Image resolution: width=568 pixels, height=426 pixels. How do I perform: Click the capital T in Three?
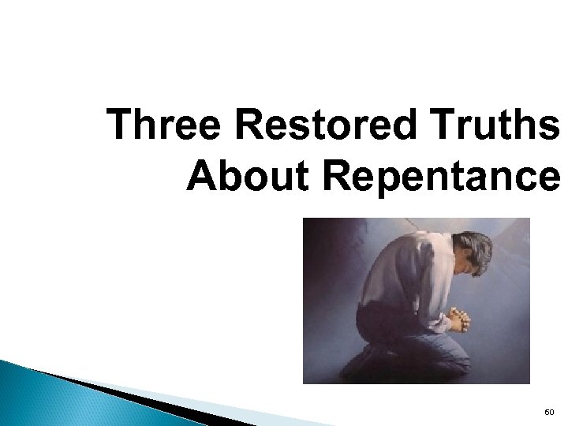pyautogui.click(x=120, y=126)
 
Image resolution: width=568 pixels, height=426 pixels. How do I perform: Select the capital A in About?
pyautogui.click(x=200, y=177)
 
